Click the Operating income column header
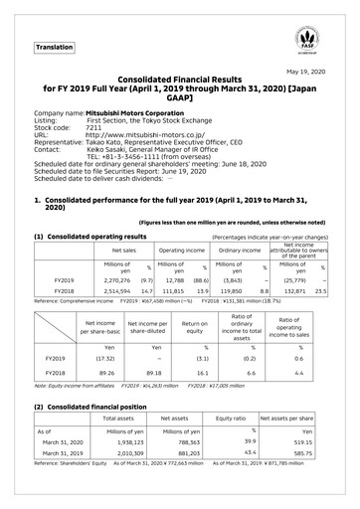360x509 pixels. pyautogui.click(x=181, y=252)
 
